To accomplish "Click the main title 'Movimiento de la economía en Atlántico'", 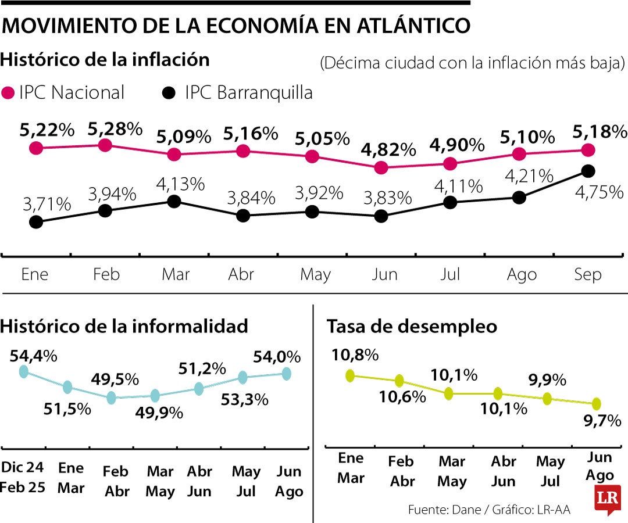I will [x=235, y=26].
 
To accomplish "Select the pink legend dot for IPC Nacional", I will [x=8, y=93].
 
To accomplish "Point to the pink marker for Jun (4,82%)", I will [x=381, y=168].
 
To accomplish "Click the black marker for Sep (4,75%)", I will [x=588, y=170].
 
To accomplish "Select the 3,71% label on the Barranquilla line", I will [x=47, y=205].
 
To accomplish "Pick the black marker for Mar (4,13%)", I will [x=173, y=201].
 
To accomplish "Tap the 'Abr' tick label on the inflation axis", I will [x=241, y=274].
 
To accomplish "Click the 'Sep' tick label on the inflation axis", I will [x=587, y=274].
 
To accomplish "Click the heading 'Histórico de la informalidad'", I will [x=124, y=326].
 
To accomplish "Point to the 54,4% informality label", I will [x=33, y=356].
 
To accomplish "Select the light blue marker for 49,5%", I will [x=112, y=398].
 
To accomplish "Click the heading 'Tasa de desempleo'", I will [x=412, y=327].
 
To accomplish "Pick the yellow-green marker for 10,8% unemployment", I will [x=350, y=376].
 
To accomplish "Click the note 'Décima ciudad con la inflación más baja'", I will [x=472, y=62].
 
